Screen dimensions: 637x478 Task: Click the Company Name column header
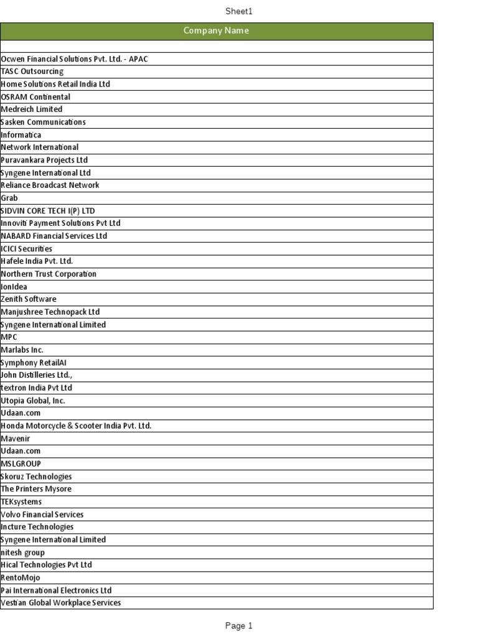pyautogui.click(x=216, y=31)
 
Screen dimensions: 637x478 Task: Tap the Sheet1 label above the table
pyautogui.click(x=238, y=11)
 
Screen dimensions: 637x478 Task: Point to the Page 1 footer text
pyautogui.click(x=238, y=626)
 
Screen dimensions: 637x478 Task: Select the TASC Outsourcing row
pyautogui.click(x=32, y=72)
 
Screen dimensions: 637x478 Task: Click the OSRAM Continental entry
pyautogui.click(x=35, y=97)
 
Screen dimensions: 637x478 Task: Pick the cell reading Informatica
pyautogui.click(x=21, y=135)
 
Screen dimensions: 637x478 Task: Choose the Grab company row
pyautogui.click(x=9, y=198)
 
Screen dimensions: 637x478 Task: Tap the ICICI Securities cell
pyautogui.click(x=27, y=249)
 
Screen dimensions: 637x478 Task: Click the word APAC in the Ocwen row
pyautogui.click(x=138, y=59)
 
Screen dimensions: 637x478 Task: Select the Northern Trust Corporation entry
pyautogui.click(x=49, y=274)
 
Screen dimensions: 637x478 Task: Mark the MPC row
pyautogui.click(x=9, y=337)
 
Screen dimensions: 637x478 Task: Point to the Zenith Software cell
pyautogui.click(x=29, y=299)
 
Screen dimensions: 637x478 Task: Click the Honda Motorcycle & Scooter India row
pyautogui.click(x=76, y=425)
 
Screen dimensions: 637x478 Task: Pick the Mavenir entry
pyautogui.click(x=16, y=439)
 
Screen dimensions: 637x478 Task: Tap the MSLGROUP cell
pyautogui.click(x=21, y=463)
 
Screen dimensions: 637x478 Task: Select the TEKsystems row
pyautogui.click(x=21, y=501)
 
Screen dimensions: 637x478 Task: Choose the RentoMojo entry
pyautogui.click(x=21, y=577)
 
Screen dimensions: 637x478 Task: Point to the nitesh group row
pyautogui.click(x=23, y=552)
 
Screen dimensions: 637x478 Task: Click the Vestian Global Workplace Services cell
pyautogui.click(x=61, y=603)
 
